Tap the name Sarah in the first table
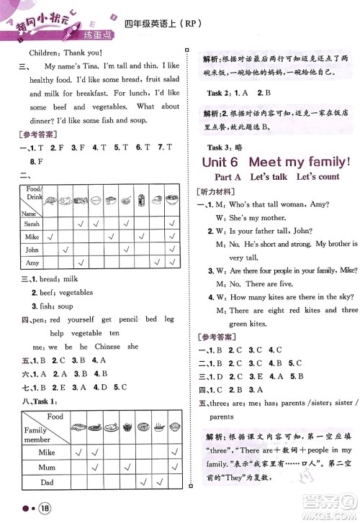tap(32, 223)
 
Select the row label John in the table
tap(32, 250)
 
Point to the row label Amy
tap(32, 263)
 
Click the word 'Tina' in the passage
tap(84, 66)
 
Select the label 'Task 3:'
tap(216, 145)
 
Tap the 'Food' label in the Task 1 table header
tap(55, 417)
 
